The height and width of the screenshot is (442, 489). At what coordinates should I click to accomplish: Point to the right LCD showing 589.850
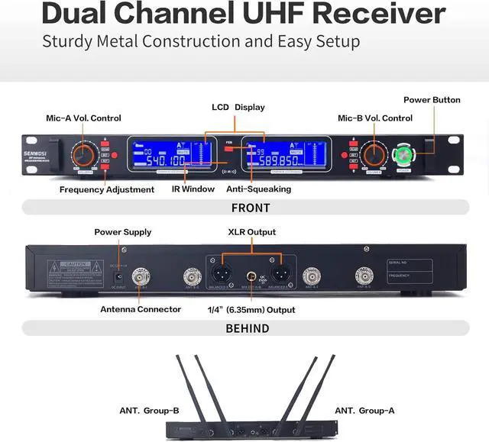point(287,155)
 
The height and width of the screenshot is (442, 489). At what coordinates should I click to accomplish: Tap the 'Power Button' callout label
point(432,100)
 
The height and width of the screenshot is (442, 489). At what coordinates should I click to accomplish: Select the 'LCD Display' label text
point(238,108)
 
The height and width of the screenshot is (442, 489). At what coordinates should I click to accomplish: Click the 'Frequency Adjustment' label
point(103,189)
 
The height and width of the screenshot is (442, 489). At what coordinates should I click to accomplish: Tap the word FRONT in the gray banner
point(250,208)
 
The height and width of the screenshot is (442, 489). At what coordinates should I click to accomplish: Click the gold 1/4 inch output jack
point(250,277)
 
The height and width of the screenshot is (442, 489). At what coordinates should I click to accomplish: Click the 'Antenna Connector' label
point(141,309)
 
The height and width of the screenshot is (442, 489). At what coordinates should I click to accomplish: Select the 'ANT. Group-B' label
point(149,411)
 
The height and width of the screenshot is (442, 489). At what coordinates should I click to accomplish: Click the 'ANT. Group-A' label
point(364,411)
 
